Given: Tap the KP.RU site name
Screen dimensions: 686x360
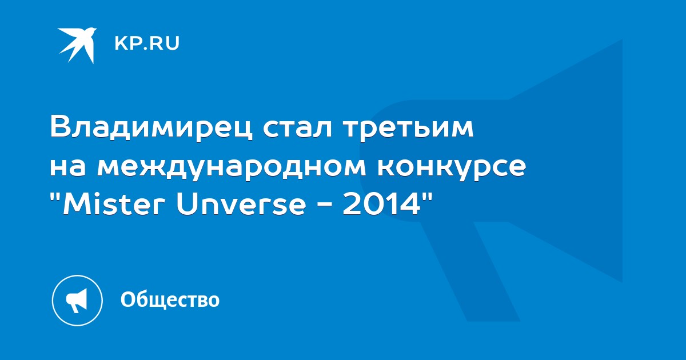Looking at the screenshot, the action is [x=147, y=43].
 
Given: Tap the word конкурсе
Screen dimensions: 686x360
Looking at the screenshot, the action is [x=452, y=170].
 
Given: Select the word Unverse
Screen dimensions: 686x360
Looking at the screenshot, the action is [x=241, y=205].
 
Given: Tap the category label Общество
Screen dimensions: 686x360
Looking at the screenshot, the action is [x=170, y=299].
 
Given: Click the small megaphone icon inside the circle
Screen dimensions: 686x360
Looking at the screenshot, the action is [x=77, y=301].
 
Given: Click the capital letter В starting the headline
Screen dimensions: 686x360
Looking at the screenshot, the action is [x=61, y=127].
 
